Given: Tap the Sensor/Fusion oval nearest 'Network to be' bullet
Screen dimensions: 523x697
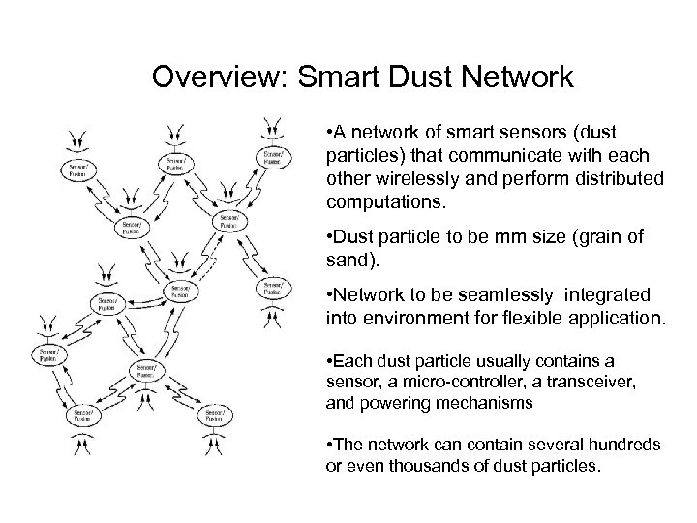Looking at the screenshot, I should point(272,289).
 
